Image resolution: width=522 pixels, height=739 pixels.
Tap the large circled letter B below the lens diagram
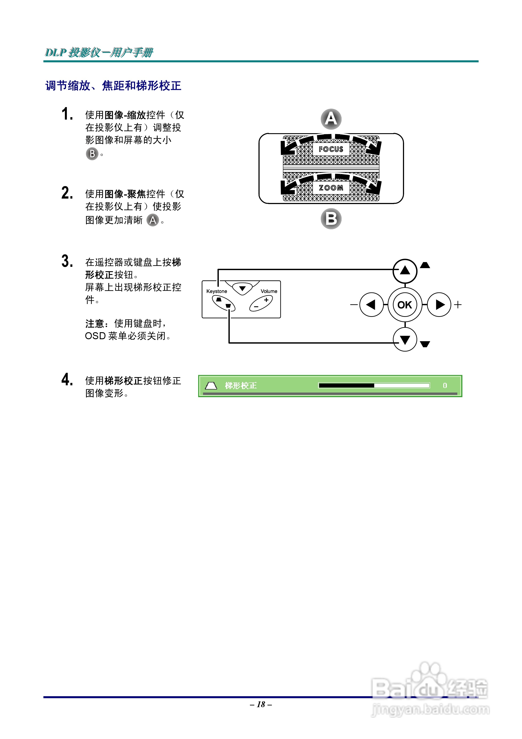(x=331, y=219)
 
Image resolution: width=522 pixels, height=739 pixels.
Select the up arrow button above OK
(x=405, y=270)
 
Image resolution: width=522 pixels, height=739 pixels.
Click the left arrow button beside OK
(x=371, y=305)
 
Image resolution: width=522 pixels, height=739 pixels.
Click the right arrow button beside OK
(x=439, y=305)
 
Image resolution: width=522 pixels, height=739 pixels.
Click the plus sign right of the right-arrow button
(x=458, y=305)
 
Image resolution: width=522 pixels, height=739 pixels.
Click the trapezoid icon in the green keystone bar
(x=211, y=385)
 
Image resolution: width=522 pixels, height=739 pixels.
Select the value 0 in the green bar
(x=445, y=385)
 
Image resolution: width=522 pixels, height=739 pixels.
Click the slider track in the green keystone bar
(x=374, y=385)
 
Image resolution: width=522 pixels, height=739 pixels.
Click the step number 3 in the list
(x=67, y=261)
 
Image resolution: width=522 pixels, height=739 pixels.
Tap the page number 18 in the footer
(x=261, y=704)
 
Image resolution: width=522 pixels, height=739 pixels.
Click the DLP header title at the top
(x=99, y=52)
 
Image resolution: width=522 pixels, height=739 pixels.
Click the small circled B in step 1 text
(x=92, y=154)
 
